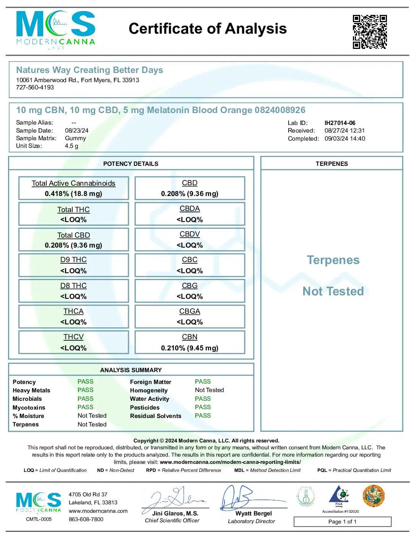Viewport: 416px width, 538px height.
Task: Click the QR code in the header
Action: [x=369, y=32]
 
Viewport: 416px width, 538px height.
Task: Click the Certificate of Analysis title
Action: [x=208, y=29]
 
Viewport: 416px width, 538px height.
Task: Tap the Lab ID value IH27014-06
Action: [x=340, y=123]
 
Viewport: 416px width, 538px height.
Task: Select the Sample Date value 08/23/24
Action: [x=76, y=131]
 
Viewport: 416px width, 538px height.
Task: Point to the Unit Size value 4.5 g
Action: [x=71, y=146]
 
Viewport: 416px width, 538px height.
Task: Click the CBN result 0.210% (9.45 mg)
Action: [x=190, y=348]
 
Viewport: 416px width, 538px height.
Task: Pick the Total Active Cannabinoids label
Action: [x=73, y=183]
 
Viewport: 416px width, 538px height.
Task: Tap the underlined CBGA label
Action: [x=190, y=311]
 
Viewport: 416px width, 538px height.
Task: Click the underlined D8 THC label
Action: [x=73, y=286]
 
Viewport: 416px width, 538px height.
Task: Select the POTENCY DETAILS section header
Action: [x=131, y=164]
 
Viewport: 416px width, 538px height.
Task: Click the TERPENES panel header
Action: [x=331, y=164]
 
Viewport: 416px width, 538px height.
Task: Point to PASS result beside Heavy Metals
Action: [x=85, y=390]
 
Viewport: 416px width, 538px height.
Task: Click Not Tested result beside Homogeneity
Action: [x=209, y=390]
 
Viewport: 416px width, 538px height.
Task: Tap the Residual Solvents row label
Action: [x=156, y=416]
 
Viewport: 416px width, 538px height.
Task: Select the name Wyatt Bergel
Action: [x=253, y=514]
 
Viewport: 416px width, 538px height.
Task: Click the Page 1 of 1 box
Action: [x=342, y=522]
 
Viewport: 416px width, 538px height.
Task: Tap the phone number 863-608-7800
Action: [x=86, y=519]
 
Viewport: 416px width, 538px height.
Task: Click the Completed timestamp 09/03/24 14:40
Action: [x=344, y=139]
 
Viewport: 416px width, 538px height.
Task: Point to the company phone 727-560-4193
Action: [x=35, y=88]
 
